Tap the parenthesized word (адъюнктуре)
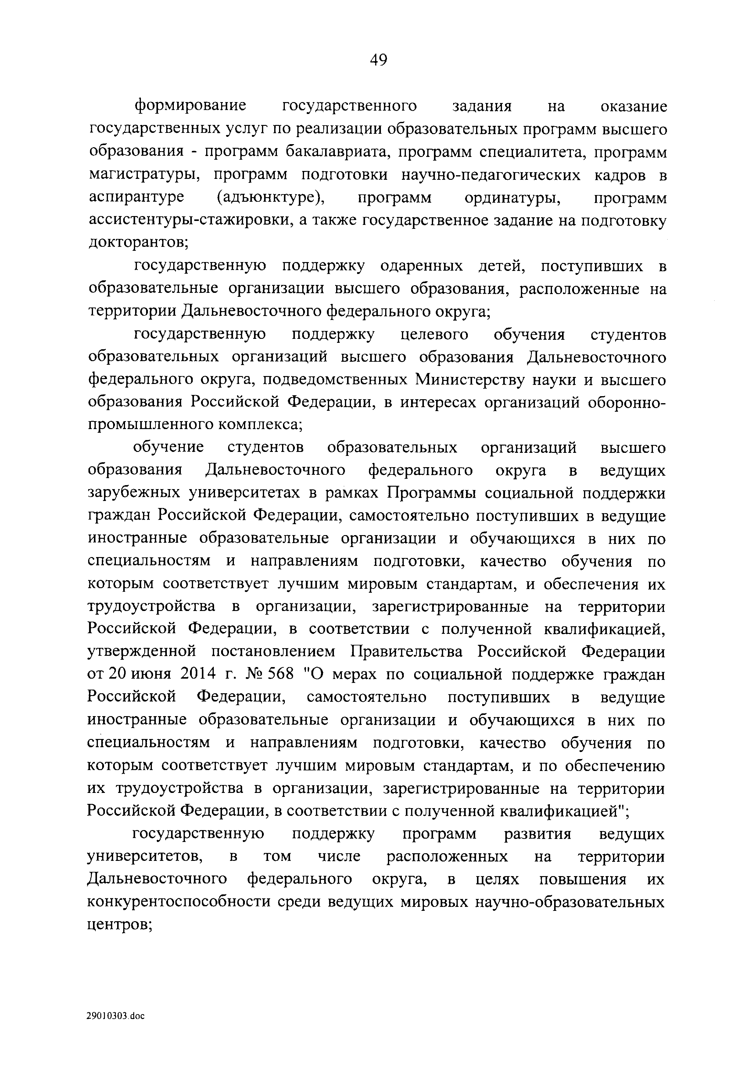(271, 197)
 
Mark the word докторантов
(137, 243)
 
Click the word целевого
(435, 335)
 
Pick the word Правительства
(406, 652)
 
